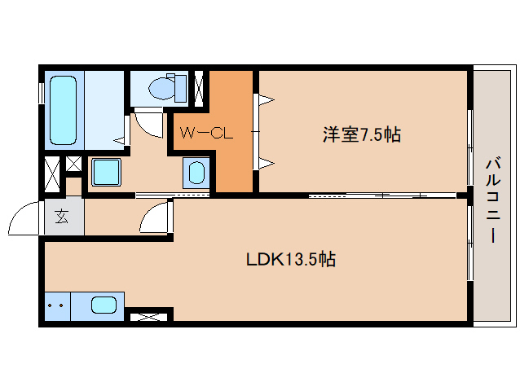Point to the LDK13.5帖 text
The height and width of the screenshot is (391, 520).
pyautogui.click(x=292, y=260)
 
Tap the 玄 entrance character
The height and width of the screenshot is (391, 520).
pyautogui.click(x=62, y=217)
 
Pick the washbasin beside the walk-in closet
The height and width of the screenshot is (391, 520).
pyautogui.click(x=196, y=172)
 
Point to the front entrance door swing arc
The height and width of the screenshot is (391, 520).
pyautogui.click(x=23, y=218)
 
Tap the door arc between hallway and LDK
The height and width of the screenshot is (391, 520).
pyautogui.click(x=156, y=219)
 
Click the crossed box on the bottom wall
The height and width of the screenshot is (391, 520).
pyautogui.click(x=148, y=315)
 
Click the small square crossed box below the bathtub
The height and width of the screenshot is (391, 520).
pyautogui.click(x=73, y=163)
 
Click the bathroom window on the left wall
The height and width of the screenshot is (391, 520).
pyautogui.click(x=42, y=90)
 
